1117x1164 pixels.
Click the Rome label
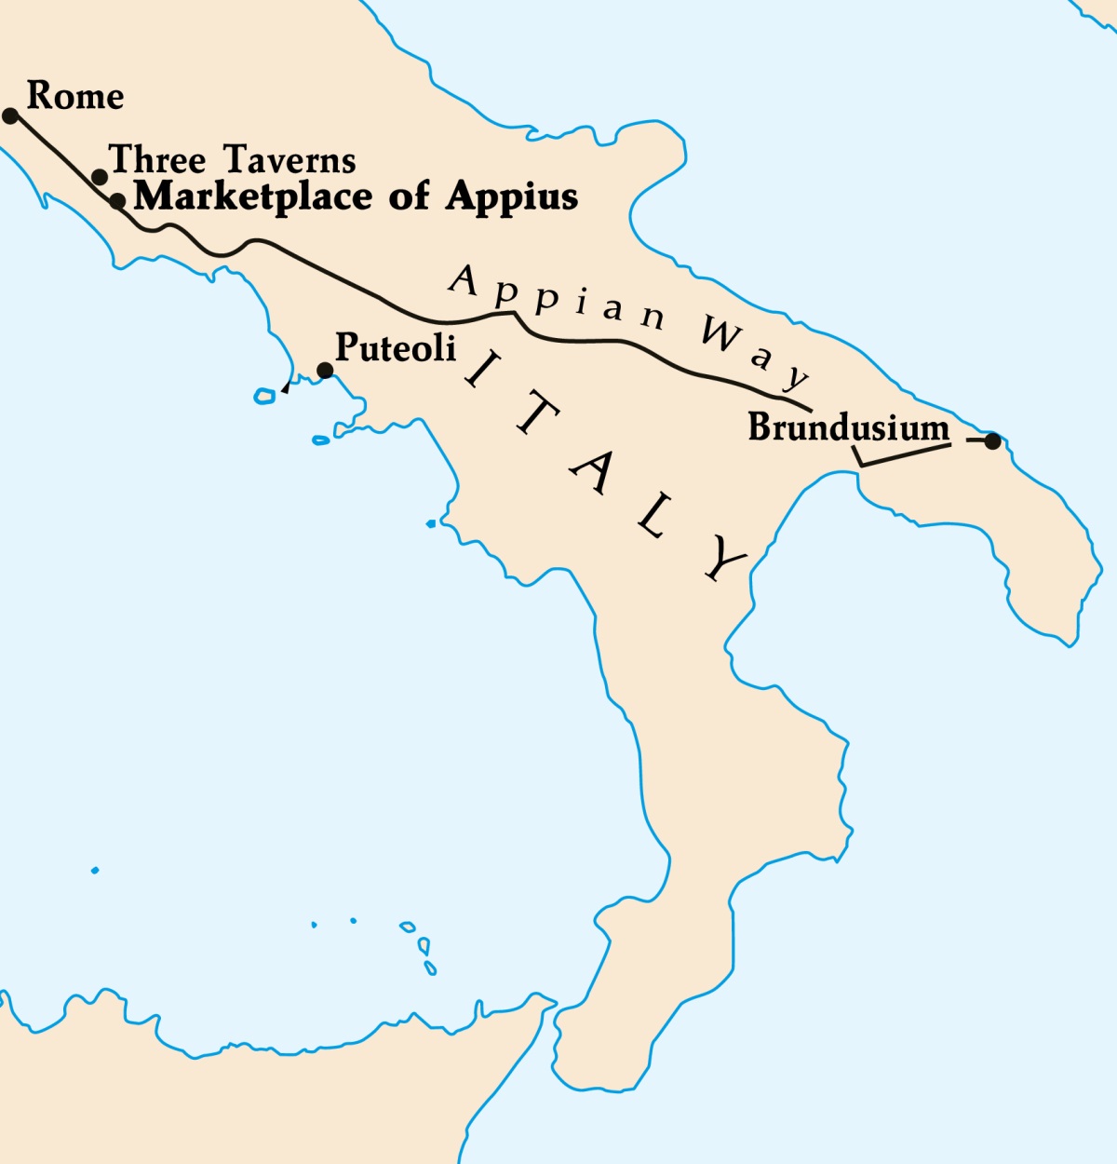coord(75,96)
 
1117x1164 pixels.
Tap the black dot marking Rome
coord(10,115)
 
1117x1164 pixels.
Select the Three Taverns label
coord(233,160)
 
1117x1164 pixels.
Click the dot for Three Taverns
coord(100,177)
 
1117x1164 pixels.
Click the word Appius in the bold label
coord(512,197)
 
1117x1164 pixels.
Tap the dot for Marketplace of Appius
coord(117,200)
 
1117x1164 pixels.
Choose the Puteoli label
coord(396,347)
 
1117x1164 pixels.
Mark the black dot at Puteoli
coord(325,371)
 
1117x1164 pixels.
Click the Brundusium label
coord(849,428)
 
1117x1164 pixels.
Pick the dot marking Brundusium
coord(992,441)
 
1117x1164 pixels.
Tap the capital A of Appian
coord(464,279)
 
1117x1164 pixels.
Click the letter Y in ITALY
coord(721,558)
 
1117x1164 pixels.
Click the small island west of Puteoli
coord(264,397)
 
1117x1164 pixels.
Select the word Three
coord(157,160)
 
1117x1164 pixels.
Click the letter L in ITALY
coord(655,522)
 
